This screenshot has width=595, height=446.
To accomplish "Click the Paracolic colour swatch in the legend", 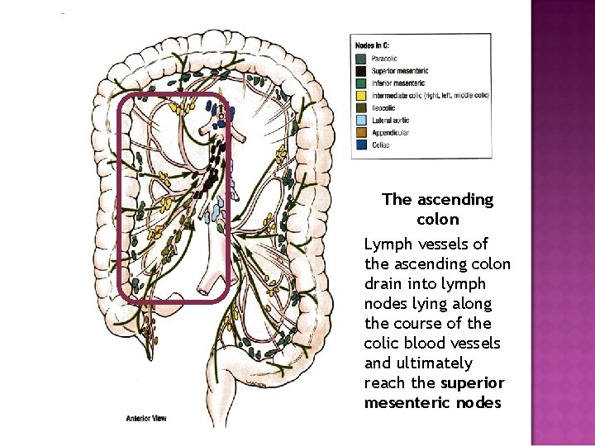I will [360, 59].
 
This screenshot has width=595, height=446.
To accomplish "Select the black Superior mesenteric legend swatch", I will [360, 71].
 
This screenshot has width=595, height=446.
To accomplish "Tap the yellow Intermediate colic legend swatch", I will [360, 95].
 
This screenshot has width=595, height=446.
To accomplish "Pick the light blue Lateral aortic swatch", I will [360, 119].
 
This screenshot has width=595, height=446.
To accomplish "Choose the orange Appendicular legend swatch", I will [360, 131].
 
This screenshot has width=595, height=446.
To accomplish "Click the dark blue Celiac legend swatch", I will [360, 144].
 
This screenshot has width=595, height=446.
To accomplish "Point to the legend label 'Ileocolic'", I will [384, 107].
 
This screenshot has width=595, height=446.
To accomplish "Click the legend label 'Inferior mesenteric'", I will [399, 83].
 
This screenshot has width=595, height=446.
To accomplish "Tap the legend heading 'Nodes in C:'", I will [373, 45].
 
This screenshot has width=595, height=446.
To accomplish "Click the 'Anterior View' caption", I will [147, 418].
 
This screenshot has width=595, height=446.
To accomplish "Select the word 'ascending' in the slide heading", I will [458, 200].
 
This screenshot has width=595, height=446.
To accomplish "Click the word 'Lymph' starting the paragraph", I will [386, 244].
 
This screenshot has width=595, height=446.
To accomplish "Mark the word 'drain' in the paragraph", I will [383, 284].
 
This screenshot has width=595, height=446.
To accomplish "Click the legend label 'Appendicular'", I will [391, 131].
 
